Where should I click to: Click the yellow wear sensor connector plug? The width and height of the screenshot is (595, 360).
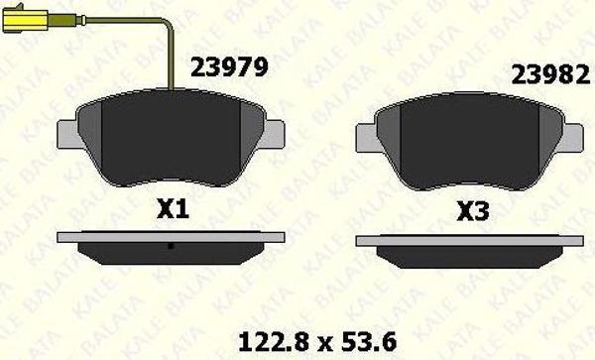pyautogui.click(x=25, y=19)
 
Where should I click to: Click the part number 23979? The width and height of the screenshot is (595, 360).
pyautogui.click(x=229, y=67)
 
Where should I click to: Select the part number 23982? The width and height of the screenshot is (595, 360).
pyautogui.click(x=550, y=74)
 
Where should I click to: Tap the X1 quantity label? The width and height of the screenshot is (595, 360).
pyautogui.click(x=173, y=209)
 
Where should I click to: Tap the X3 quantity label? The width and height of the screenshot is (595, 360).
pyautogui.click(x=473, y=211)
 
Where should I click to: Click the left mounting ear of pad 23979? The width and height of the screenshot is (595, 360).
pyautogui.click(x=67, y=134)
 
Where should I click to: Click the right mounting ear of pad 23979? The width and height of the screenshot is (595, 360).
pyautogui.click(x=274, y=133)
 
